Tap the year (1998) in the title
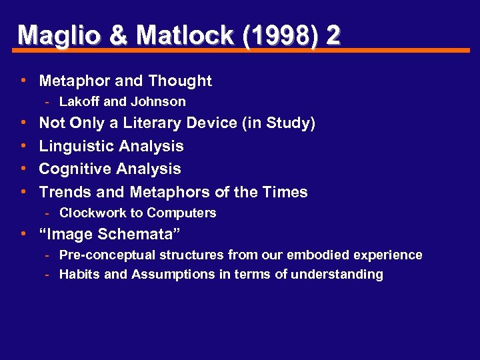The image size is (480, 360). coord(282,35)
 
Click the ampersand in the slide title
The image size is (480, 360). coord(119,35)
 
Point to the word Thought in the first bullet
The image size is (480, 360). coord(180,81)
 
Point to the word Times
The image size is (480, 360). coord(285,193)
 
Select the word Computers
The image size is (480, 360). coord(181,213)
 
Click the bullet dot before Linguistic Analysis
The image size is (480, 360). coord(23,145)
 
